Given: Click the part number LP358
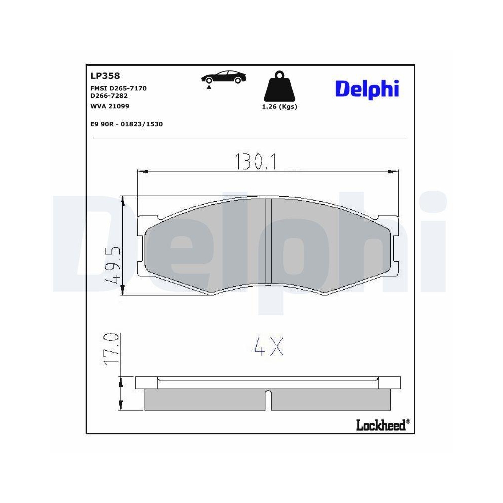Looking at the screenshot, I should coord(105,76).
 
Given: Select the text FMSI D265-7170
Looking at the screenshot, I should coord(118,88).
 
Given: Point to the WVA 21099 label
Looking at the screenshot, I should coord(109,106).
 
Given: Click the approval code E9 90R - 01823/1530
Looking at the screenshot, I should coord(126,123).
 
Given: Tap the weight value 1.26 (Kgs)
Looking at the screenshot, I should coord(280,107).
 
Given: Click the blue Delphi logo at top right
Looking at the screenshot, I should coord(367,89).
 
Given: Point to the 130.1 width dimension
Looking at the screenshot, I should coord(255,161).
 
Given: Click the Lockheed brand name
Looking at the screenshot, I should coord(380,425).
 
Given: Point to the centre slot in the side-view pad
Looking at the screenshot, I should coord(268,400).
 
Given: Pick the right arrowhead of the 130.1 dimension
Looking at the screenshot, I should coord(394,172).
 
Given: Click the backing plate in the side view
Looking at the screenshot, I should coord(268,382).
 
